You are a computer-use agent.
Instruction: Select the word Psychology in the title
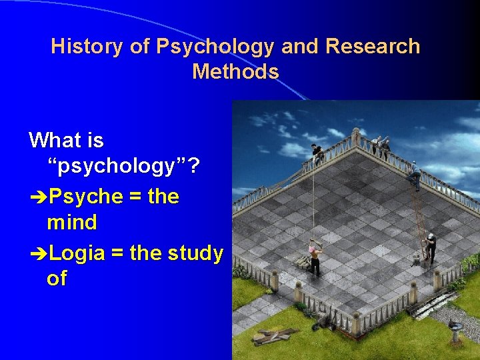click(215, 47)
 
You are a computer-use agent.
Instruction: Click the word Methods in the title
click(235, 71)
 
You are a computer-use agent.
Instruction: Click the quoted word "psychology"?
click(123, 167)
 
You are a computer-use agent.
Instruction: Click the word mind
click(71, 221)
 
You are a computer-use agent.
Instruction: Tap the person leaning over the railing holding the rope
click(317, 154)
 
